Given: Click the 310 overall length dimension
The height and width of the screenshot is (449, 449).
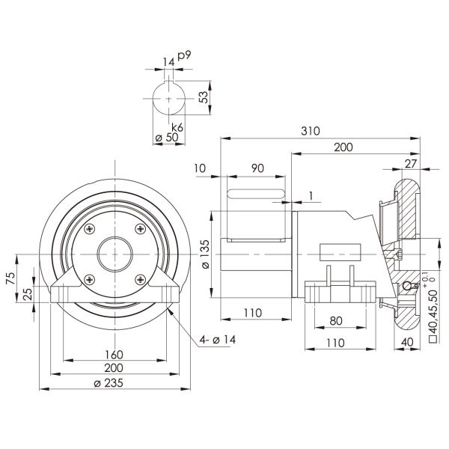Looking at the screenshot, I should pos(310,130).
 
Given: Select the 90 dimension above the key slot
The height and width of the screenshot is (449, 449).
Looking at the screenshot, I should pos(256,169).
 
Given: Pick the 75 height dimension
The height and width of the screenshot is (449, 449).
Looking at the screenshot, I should pos(10,278).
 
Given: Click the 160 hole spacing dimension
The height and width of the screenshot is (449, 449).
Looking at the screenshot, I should pos(114,354).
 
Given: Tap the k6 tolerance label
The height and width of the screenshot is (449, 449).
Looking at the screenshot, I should pos(177,127).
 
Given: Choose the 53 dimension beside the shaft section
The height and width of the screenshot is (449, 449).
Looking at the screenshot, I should pos(202,97).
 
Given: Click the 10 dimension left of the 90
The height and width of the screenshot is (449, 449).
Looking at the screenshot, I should pos(198,169).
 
